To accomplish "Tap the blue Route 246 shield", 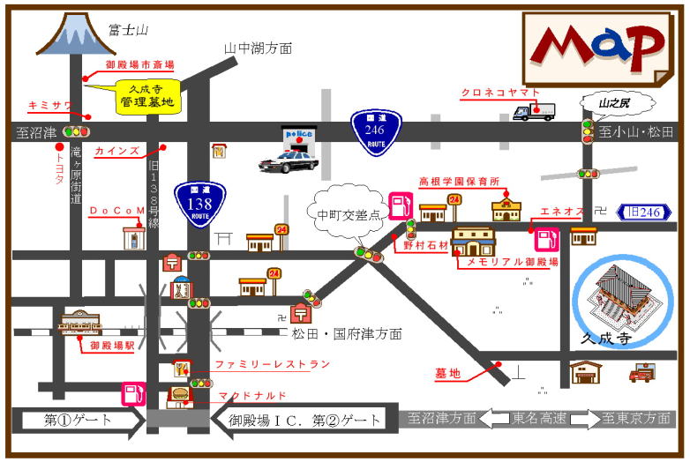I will tap(377, 132).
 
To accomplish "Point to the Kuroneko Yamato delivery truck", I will tap(534, 112).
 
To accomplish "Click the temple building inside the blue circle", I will tap(623, 295).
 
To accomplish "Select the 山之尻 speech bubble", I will tap(615, 104).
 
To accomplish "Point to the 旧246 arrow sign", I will tap(647, 212).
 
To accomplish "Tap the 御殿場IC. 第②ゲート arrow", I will tap(299, 420).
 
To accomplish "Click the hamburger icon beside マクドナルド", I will tap(180, 394).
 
